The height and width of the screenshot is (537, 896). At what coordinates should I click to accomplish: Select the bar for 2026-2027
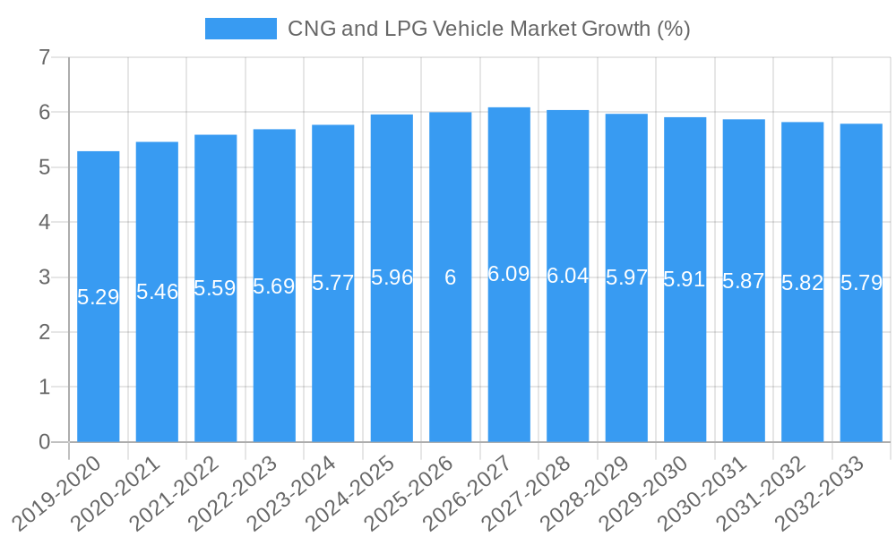(509, 358)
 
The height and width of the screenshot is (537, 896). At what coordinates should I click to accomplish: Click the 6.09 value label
(509, 275)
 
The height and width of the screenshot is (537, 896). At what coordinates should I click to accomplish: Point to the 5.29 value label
(99, 297)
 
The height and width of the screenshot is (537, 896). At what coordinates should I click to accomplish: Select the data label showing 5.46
(157, 292)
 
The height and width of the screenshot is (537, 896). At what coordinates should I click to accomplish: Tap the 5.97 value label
(626, 277)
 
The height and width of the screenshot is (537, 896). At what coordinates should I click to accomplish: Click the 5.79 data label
(861, 284)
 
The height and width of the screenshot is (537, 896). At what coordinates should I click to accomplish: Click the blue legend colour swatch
(241, 29)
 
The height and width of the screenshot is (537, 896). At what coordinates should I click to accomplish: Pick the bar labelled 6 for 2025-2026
(451, 358)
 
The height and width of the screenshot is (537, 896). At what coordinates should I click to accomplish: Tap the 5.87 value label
(744, 281)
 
